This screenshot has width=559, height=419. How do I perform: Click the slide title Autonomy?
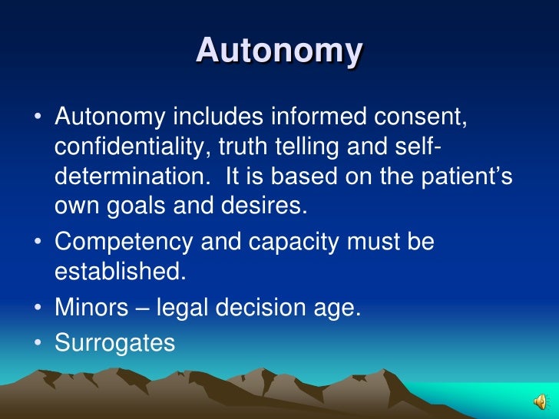click(x=279, y=51)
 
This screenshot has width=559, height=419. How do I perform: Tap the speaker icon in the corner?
click(x=541, y=401)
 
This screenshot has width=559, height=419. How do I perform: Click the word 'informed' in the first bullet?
click(x=319, y=118)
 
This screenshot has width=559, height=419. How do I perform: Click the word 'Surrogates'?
click(x=115, y=343)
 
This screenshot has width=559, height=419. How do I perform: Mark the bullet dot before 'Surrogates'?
click(x=38, y=343)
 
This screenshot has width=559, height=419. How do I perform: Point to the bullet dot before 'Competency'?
click(x=38, y=243)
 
